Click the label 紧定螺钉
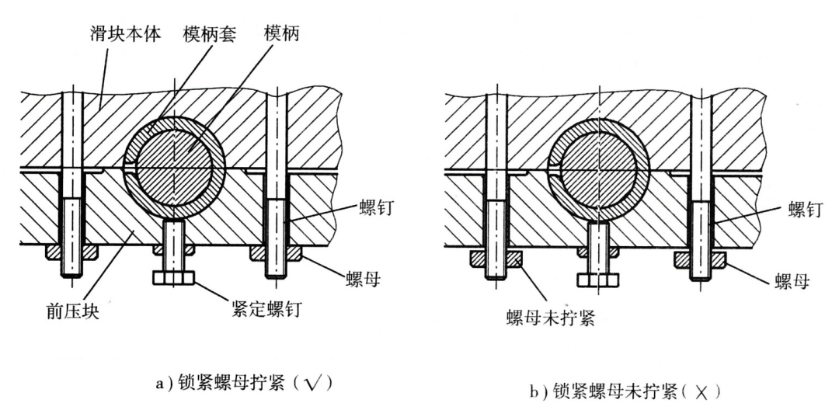[x=266, y=310]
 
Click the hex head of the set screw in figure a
[x=174, y=277]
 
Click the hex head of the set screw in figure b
[x=598, y=280]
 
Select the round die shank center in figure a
[x=174, y=169]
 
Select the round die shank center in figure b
[x=599, y=169]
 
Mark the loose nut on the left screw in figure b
[x=496, y=259]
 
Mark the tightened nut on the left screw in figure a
[x=71, y=252]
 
